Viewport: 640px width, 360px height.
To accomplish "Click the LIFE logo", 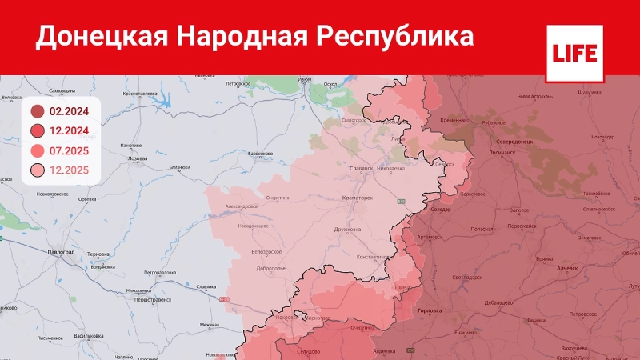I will coord(573,54).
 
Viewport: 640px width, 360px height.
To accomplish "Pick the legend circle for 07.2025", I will coord(38,151).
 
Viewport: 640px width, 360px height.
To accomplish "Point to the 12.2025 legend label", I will coord(70,170).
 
